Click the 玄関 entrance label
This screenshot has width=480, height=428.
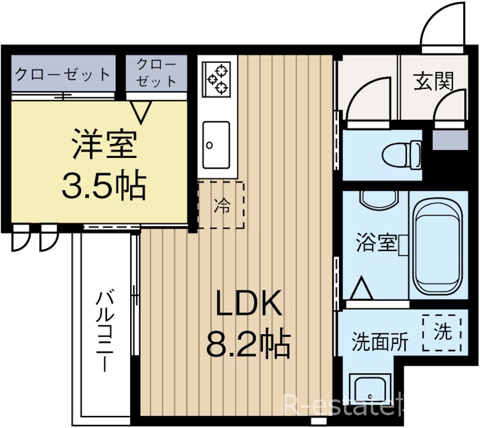[x=433, y=80]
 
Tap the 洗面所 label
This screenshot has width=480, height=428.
[x=379, y=342]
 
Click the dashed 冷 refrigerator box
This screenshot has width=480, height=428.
[x=221, y=205]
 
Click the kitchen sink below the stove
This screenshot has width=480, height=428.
[x=215, y=145]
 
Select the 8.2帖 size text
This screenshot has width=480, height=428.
[x=248, y=344]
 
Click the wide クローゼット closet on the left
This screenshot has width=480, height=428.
[x=62, y=74]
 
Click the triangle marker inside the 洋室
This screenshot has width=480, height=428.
[x=142, y=109]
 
